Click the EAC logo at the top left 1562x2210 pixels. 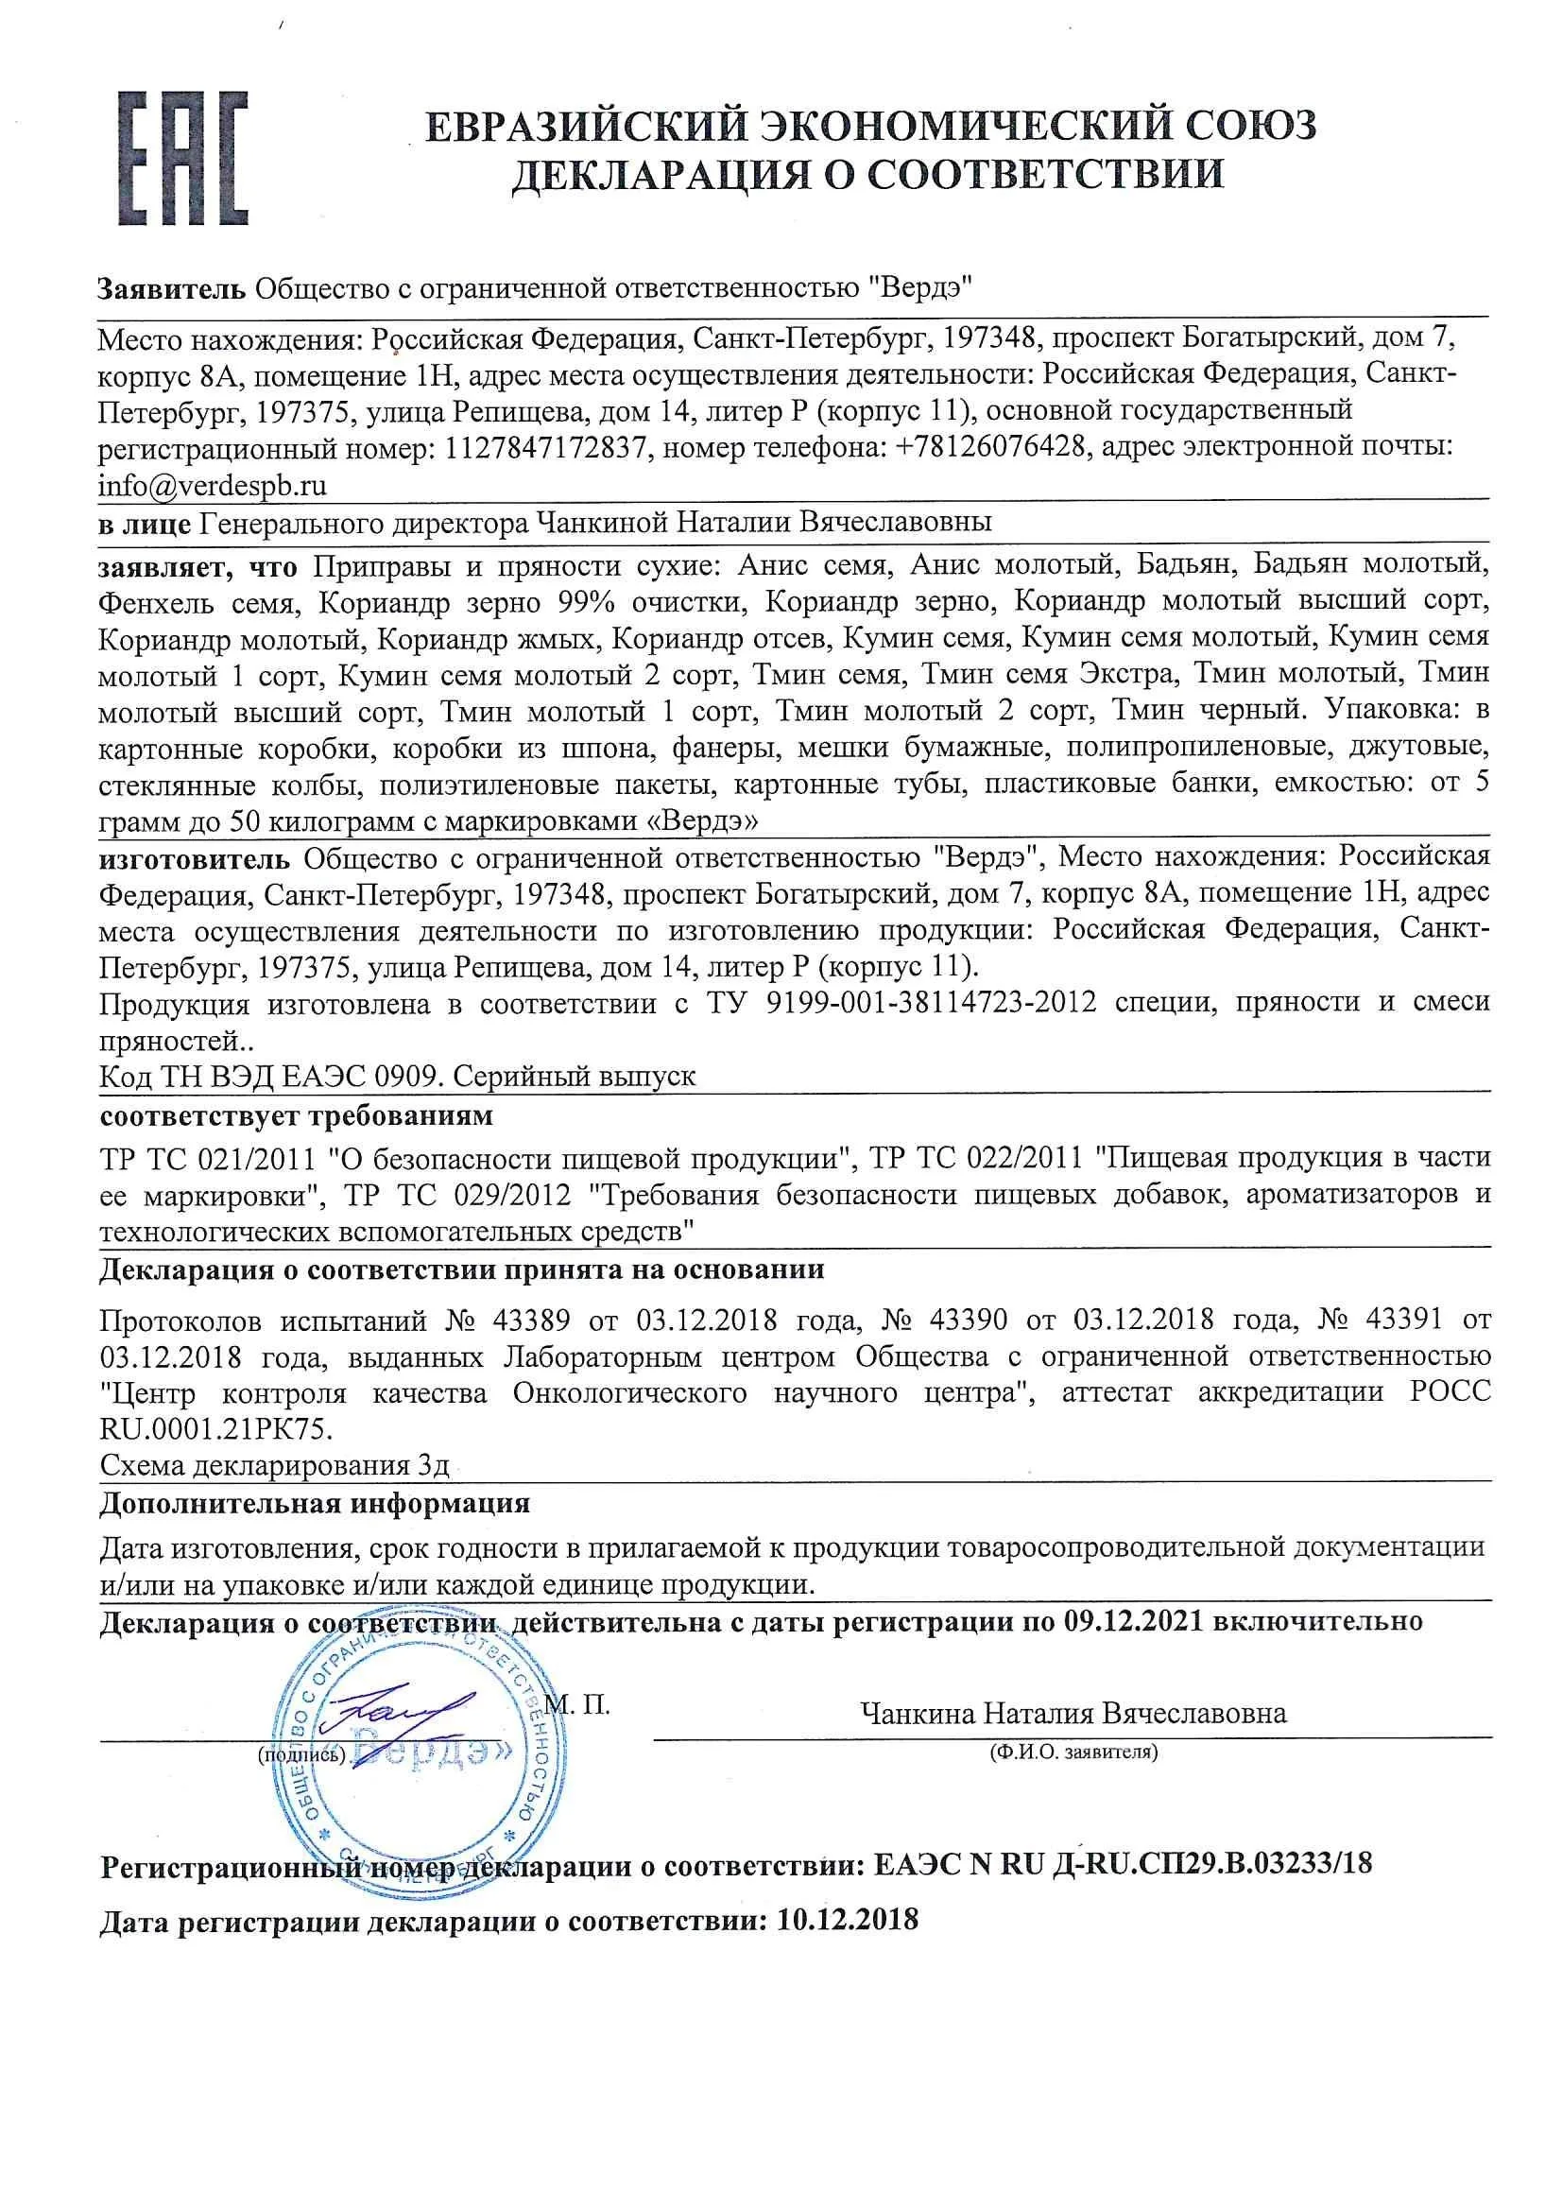[183, 159]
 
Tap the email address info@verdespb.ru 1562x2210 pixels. [213, 486]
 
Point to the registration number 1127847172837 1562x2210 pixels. [544, 448]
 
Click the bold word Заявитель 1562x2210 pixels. [171, 287]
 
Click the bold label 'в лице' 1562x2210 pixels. [145, 523]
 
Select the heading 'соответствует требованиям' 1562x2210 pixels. [296, 1115]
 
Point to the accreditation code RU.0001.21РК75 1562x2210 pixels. [215, 1429]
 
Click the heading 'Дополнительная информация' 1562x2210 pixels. [315, 1503]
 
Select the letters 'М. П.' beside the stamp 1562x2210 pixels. [576, 1705]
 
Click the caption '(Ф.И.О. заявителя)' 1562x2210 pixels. [1073, 1752]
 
